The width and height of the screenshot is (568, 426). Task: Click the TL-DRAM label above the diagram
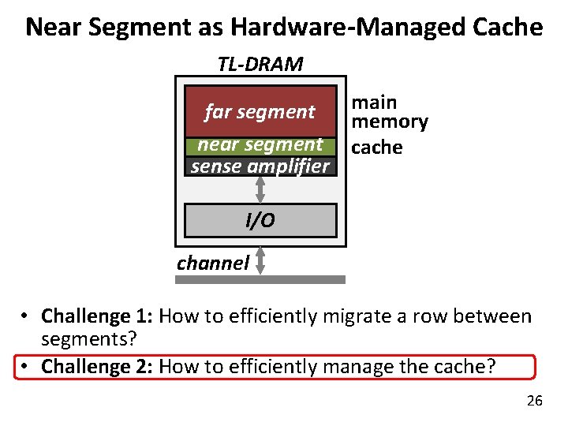[x=260, y=64]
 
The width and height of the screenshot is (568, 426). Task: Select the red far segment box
[x=260, y=111]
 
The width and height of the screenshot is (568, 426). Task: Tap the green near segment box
[x=260, y=145]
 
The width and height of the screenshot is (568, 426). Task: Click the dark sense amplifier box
[x=260, y=166]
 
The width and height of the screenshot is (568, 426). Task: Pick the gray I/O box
[x=260, y=220]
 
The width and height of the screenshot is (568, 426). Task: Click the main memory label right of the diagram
[x=389, y=112]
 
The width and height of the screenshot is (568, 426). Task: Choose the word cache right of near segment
[x=376, y=148]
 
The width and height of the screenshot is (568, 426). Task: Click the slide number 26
[x=534, y=402]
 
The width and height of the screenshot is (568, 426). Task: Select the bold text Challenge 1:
[x=98, y=317]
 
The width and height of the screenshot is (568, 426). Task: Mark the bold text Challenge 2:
[x=98, y=367]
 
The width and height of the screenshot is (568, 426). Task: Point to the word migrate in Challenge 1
[x=370, y=317]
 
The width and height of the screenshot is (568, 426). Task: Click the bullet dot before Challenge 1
[x=26, y=317]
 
